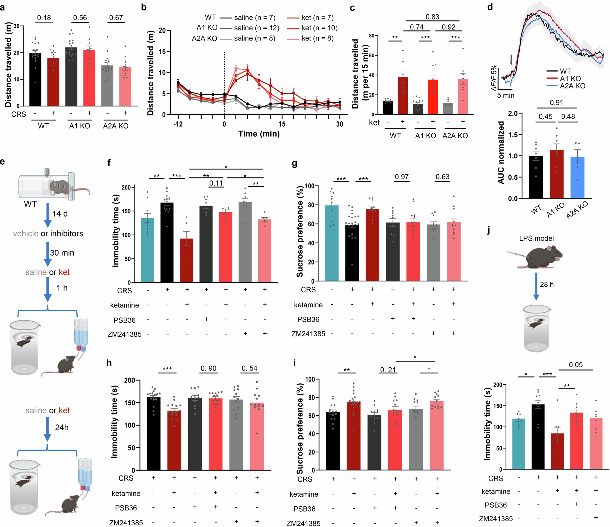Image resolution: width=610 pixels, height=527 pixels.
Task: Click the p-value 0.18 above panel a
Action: pos(44,18)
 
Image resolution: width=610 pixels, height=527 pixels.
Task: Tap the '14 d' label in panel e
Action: pos(60,214)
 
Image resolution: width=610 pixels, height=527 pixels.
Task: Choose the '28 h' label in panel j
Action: pos(547,285)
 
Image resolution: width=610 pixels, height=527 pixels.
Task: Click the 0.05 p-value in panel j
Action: pos(576,365)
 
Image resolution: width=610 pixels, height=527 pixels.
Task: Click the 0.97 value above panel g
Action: pos(402,177)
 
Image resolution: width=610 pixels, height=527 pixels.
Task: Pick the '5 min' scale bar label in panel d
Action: pos(506,95)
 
